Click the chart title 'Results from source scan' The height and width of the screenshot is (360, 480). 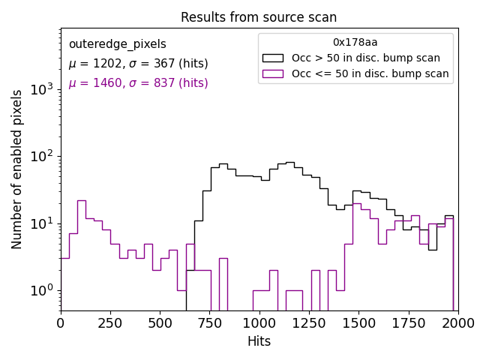259,17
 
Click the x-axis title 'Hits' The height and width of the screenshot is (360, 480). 259,341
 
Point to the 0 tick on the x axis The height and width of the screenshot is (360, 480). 61,323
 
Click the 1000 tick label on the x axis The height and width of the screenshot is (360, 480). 259,323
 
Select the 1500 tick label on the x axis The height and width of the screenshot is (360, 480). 358,323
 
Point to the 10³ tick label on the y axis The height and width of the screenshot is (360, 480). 42,90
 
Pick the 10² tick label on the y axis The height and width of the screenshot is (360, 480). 42,157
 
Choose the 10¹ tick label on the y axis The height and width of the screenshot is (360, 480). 42,223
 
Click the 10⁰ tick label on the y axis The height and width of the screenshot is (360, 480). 42,290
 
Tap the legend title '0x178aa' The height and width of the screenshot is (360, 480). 355,43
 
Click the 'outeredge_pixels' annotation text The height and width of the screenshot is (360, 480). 117,44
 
